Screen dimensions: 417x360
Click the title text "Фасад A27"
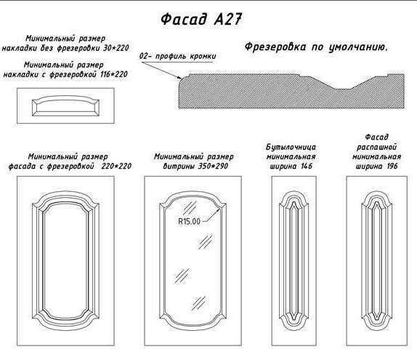click(201, 19)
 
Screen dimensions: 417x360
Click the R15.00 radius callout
click(189, 221)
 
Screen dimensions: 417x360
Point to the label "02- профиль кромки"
click(178, 56)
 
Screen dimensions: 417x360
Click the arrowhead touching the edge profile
click(179, 78)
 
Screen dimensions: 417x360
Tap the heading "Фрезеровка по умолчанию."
click(316, 47)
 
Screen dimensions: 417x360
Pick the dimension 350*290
click(213, 166)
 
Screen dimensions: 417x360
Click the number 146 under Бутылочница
click(307, 166)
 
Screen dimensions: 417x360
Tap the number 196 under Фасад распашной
click(392, 166)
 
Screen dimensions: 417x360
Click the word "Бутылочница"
click(291, 147)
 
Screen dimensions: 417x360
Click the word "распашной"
click(376, 147)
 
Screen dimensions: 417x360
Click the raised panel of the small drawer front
click(65, 106)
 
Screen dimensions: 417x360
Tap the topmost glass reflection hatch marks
click(190, 207)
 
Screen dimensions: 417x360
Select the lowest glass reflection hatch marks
click(198, 303)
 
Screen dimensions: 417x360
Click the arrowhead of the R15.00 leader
click(219, 210)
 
